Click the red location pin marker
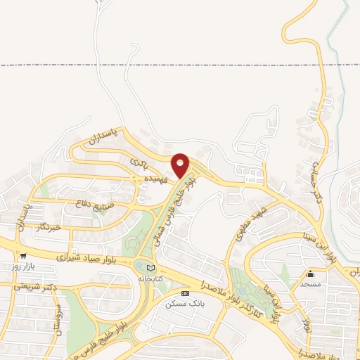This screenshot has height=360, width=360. pos(181,165)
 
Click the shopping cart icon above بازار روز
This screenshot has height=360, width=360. pos(23,257)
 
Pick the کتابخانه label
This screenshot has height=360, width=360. pos(149,278)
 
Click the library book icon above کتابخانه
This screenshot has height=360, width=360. pos(149,267)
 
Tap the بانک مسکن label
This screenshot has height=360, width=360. pos(184,304)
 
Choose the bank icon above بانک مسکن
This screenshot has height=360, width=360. pos(185,292)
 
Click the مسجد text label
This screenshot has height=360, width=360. pos(310,284)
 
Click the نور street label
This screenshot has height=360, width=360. pos(307,323)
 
